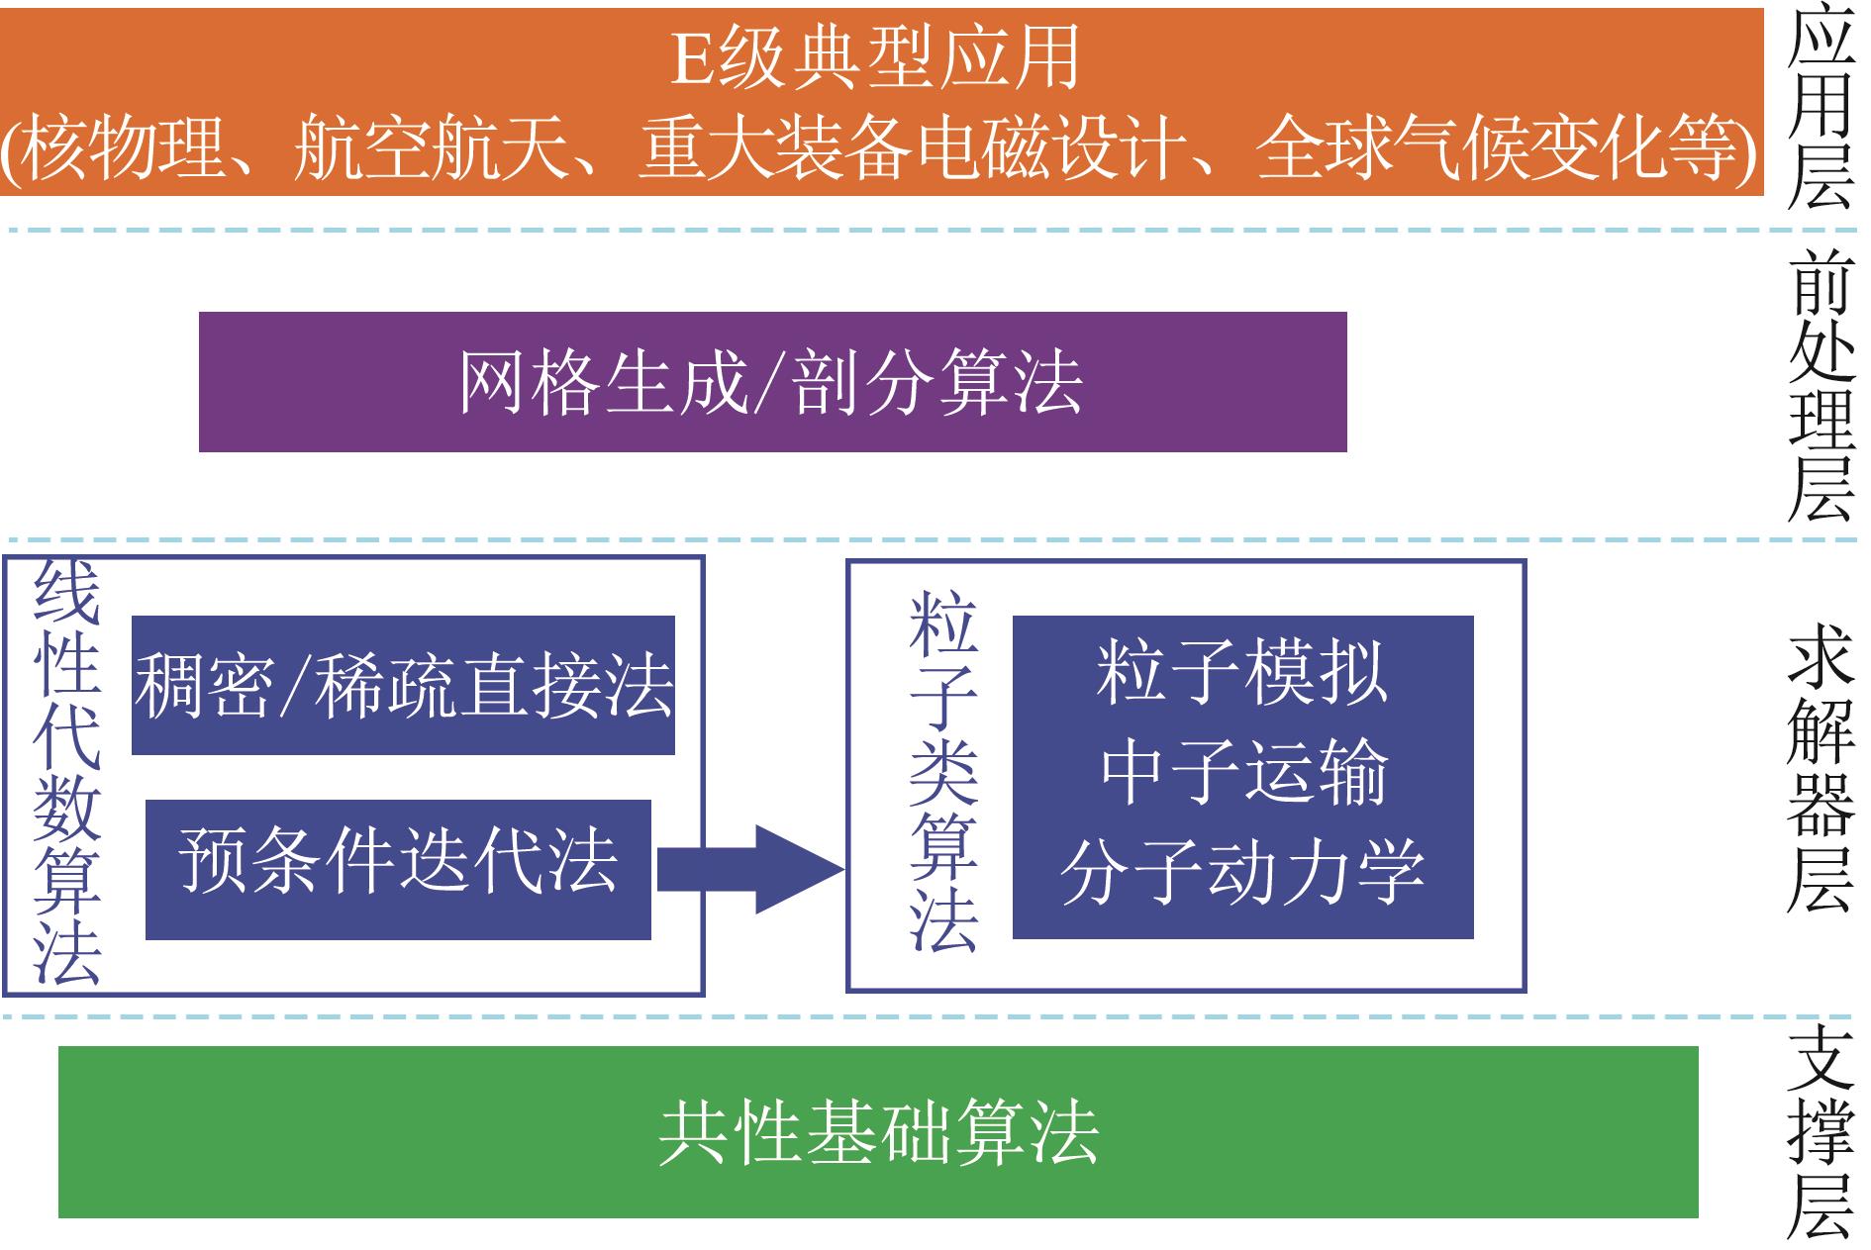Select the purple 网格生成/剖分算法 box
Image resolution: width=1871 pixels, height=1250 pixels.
pyautogui.click(x=772, y=382)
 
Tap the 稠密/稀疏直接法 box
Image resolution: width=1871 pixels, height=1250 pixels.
pyautogui.click(x=403, y=685)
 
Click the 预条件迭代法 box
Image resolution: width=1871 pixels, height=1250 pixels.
pyautogui.click(x=398, y=869)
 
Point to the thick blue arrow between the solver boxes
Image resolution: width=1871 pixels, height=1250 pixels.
pyautogui.click(x=750, y=869)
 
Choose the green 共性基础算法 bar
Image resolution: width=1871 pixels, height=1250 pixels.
pyautogui.click(x=878, y=1131)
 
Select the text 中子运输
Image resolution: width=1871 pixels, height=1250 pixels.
pyautogui.click(x=1242, y=773)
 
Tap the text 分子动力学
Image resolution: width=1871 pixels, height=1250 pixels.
pyautogui.click(x=1242, y=872)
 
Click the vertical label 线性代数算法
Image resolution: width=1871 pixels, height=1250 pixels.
pyautogui.click(x=67, y=775)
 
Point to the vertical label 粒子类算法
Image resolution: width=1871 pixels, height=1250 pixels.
pyautogui.click(x=943, y=772)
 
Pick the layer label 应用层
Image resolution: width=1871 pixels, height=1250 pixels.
pyautogui.click(x=1820, y=109)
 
